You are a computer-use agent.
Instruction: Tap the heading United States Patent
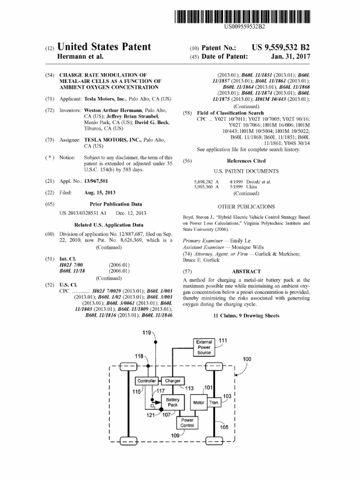coord(104,47)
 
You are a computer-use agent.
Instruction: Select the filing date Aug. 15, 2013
coord(100,193)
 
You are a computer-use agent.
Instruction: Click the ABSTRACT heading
coord(246,271)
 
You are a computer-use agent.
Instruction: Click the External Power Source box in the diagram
coord(204,347)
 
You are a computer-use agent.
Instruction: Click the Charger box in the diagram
coord(172,381)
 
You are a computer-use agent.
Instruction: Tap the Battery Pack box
coord(172,402)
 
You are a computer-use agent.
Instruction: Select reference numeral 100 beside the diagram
coord(247,359)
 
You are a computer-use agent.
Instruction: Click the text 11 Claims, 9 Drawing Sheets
coord(246,316)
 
